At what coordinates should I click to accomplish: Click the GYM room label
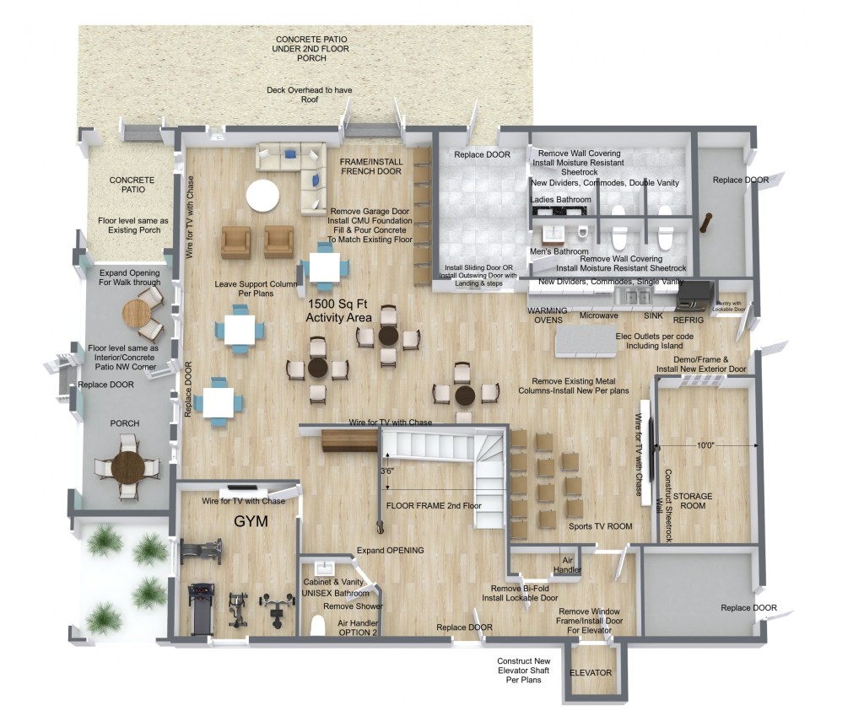251,521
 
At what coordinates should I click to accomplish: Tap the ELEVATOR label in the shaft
591,672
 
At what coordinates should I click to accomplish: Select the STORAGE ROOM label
693,501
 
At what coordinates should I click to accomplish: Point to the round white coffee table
263,196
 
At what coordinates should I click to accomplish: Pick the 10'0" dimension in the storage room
705,445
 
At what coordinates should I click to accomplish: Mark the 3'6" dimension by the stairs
387,471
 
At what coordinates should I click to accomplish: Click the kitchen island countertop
586,342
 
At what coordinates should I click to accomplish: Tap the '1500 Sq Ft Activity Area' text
338,310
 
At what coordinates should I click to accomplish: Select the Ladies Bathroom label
560,199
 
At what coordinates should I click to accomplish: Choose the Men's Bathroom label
559,251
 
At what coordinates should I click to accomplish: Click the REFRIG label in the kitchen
688,320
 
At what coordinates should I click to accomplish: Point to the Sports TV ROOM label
600,526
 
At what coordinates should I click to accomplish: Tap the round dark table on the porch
128,467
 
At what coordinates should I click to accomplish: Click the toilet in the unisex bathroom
318,626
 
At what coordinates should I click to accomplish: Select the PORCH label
125,423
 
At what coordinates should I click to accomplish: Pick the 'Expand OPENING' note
390,550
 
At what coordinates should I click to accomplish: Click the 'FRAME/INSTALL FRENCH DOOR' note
371,166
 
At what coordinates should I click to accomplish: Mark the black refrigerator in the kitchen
695,293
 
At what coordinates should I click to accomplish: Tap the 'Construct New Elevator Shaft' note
523,670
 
